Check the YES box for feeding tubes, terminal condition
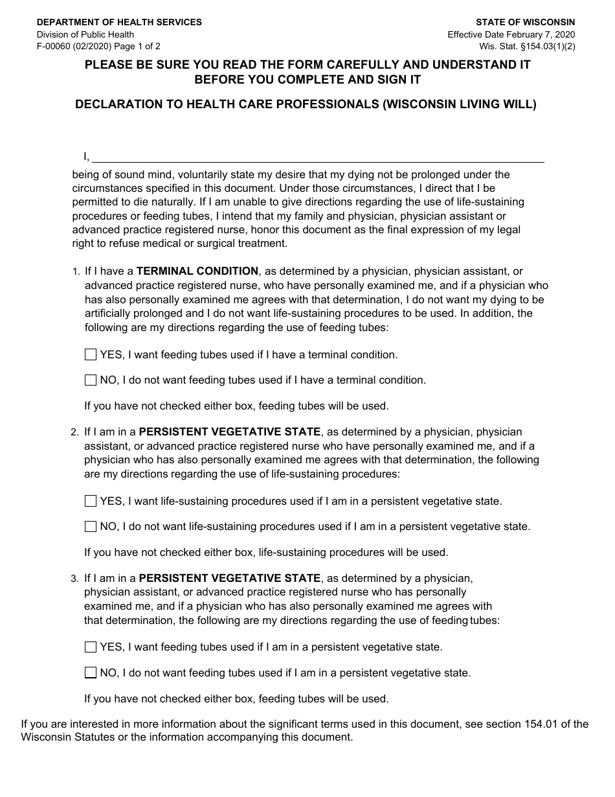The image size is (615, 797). (x=91, y=354)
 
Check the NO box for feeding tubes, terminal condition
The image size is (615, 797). (x=91, y=380)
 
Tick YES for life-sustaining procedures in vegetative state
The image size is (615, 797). (x=91, y=501)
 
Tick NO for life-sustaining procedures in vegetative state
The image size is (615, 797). (x=91, y=526)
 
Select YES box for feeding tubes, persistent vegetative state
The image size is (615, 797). (x=91, y=647)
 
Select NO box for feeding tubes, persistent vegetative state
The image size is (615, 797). (x=91, y=673)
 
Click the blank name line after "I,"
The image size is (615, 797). (x=317, y=157)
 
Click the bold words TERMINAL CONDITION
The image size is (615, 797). (x=197, y=271)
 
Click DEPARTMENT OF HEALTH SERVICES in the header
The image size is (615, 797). (x=119, y=22)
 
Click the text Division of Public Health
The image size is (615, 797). (x=85, y=34)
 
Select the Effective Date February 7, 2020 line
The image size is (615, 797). (x=511, y=34)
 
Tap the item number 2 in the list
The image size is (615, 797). (x=74, y=432)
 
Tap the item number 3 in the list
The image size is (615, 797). (x=74, y=579)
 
